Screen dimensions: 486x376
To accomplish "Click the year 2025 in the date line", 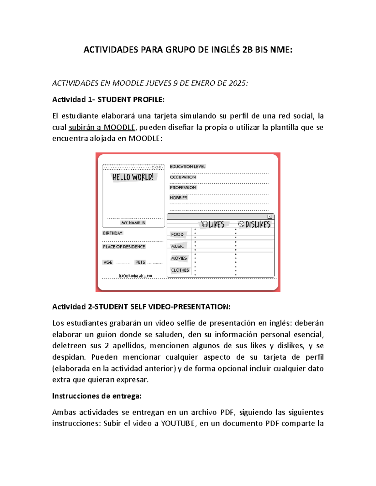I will [x=237, y=83].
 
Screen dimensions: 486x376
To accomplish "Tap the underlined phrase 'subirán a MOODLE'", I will [x=102, y=127].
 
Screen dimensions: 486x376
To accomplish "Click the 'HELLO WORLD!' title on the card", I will [x=133, y=177].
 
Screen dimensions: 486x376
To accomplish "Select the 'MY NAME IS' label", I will [x=133, y=223].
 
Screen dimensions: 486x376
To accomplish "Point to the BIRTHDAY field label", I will [x=112, y=233].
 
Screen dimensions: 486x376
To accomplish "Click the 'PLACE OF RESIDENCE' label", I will [x=124, y=247].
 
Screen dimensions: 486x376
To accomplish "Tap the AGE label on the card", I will [x=108, y=262].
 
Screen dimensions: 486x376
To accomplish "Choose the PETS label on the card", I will [x=140, y=262].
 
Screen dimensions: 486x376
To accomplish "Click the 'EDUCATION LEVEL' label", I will [x=187, y=167].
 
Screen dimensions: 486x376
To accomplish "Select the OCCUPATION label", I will [x=183, y=177].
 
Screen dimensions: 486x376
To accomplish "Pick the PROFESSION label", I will [x=183, y=187].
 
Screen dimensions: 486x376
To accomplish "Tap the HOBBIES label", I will [x=178, y=198].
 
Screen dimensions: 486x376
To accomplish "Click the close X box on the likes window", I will [x=269, y=217].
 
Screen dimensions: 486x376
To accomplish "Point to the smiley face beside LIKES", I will [x=205, y=224].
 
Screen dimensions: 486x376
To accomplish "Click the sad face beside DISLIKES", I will [x=241, y=224].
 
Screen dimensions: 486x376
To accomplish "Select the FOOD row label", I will [x=177, y=234].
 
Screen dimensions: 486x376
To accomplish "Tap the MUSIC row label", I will [x=177, y=246].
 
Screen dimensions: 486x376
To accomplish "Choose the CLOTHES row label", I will [x=180, y=270].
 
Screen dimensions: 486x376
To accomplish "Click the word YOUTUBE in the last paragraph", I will [x=178, y=423].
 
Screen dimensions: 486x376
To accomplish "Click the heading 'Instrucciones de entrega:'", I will [x=97, y=396].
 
